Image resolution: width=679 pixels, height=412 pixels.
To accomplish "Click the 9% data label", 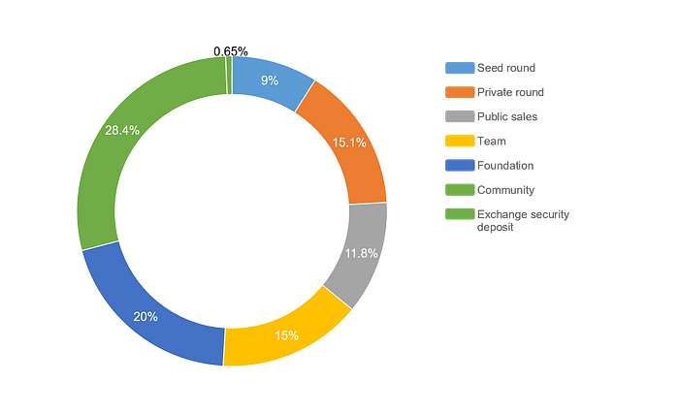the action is (x=270, y=80).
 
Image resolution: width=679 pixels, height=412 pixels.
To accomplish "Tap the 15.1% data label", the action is (x=349, y=143).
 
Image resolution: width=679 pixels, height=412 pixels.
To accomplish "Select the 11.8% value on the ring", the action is (x=361, y=253).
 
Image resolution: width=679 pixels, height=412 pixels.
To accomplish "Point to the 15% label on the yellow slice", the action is (x=287, y=335).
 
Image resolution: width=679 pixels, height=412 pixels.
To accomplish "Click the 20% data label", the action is (x=145, y=317).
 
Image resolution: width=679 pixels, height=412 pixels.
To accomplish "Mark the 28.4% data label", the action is (x=122, y=130).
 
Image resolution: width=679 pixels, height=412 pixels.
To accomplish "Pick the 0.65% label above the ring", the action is (x=231, y=51).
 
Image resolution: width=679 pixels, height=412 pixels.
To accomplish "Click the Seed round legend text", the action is (x=506, y=68).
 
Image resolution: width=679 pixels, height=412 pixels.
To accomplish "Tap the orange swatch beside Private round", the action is (x=460, y=92).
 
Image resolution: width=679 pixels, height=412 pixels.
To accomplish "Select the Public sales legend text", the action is (x=507, y=117).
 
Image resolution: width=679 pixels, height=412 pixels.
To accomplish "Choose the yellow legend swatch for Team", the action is (x=460, y=142).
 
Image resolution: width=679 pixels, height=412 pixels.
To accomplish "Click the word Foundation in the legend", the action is (x=505, y=166).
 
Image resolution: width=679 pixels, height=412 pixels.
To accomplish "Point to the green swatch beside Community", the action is (x=460, y=190).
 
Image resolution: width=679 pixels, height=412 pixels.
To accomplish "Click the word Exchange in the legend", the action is (x=497, y=214).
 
